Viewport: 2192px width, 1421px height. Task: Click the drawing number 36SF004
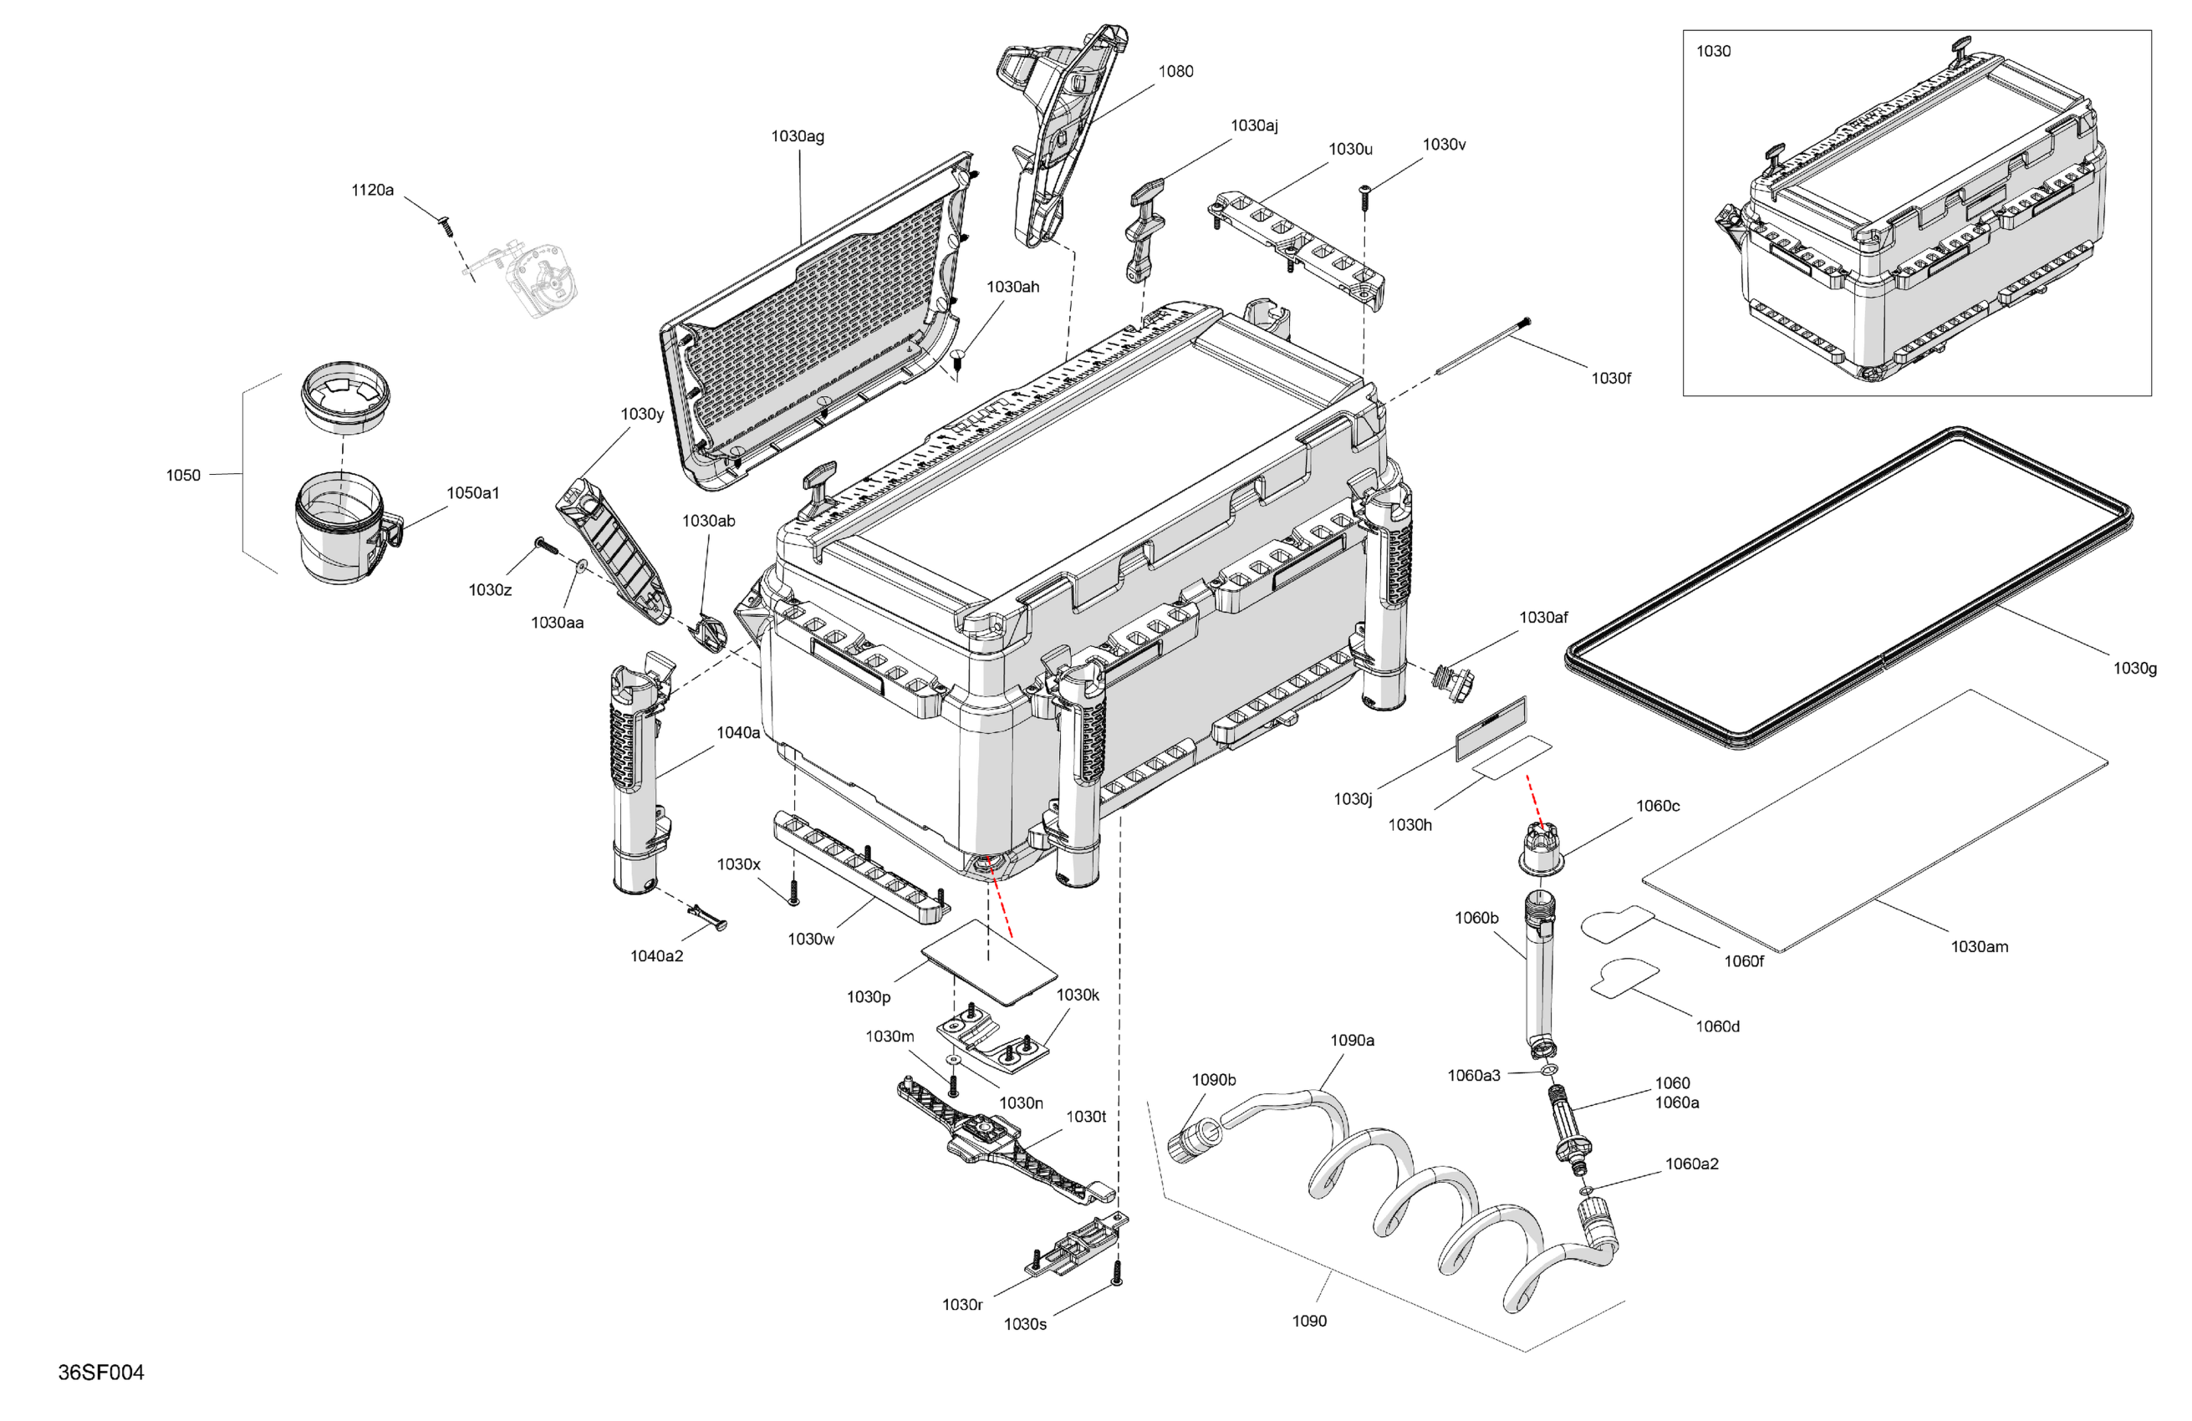[100, 1373]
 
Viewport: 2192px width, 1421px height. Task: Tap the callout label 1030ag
[797, 136]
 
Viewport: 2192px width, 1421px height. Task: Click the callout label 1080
[1175, 71]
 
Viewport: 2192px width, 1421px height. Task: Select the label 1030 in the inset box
[1713, 52]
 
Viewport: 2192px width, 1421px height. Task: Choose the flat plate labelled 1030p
[988, 961]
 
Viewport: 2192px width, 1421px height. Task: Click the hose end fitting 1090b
[1194, 1138]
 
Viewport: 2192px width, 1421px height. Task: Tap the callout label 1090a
[1352, 1040]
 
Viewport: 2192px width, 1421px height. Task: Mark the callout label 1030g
[2134, 668]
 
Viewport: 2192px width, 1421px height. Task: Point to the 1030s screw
[1116, 1274]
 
